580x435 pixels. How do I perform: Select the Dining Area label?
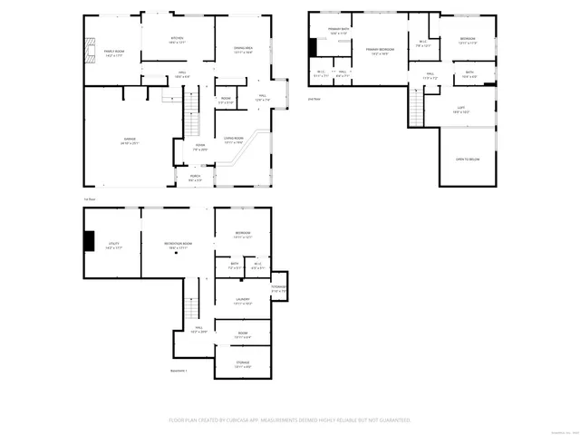(243, 50)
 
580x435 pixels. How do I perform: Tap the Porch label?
(195, 179)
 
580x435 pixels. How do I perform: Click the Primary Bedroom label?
(379, 52)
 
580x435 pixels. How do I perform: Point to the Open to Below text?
(467, 159)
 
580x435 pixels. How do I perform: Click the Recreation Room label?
(177, 245)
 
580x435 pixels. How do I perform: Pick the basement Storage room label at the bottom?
(243, 364)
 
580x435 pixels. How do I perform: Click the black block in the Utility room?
(89, 241)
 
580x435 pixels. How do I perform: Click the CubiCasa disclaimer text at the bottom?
(290, 420)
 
